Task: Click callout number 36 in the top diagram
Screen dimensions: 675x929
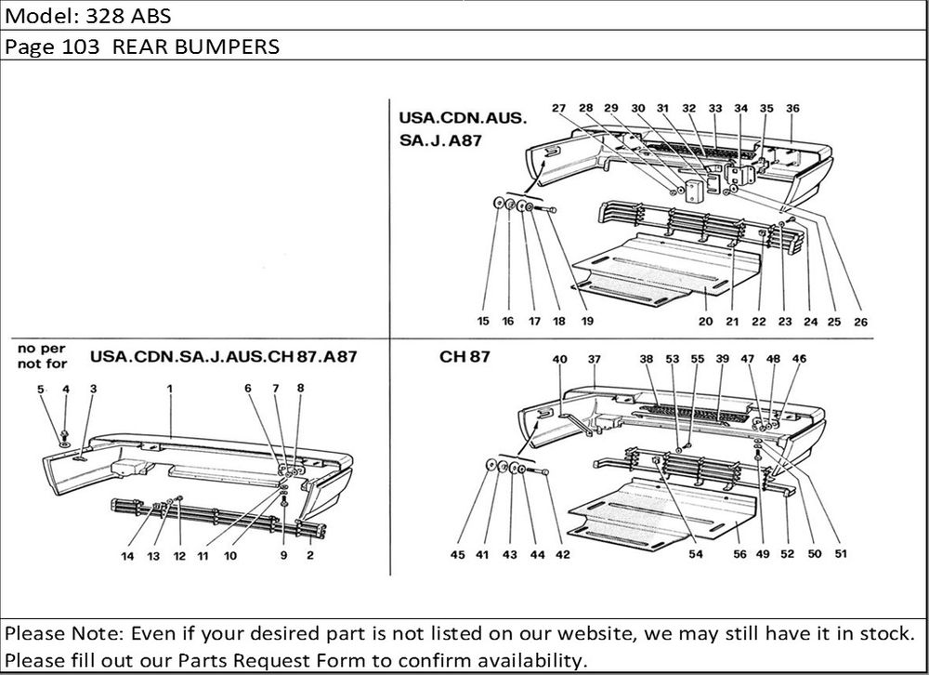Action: [x=792, y=109]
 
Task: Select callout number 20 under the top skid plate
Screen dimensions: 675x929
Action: [x=705, y=322]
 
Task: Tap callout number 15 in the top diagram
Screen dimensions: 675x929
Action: [x=483, y=322]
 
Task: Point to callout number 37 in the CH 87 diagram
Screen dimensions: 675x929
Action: [x=595, y=359]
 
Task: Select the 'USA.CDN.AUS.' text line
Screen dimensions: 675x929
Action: [x=463, y=119]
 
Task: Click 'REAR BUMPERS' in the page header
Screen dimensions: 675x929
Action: [x=196, y=46]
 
